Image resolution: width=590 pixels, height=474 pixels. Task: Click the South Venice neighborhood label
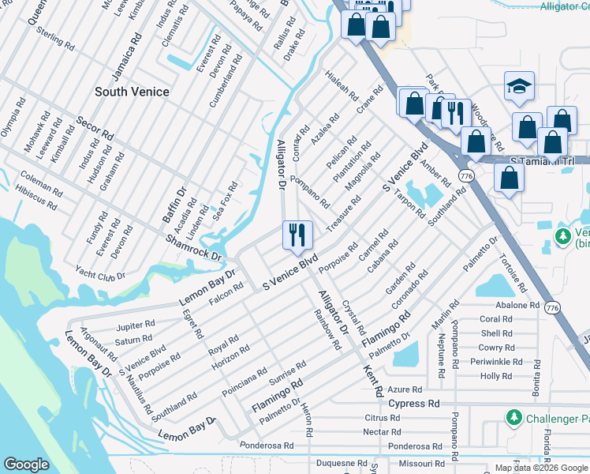[x=132, y=92]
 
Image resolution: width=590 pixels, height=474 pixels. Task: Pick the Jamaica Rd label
[x=125, y=55]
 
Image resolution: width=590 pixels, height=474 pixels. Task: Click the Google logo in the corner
[x=26, y=465]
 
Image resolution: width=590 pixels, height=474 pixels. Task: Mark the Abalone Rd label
[x=517, y=305]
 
